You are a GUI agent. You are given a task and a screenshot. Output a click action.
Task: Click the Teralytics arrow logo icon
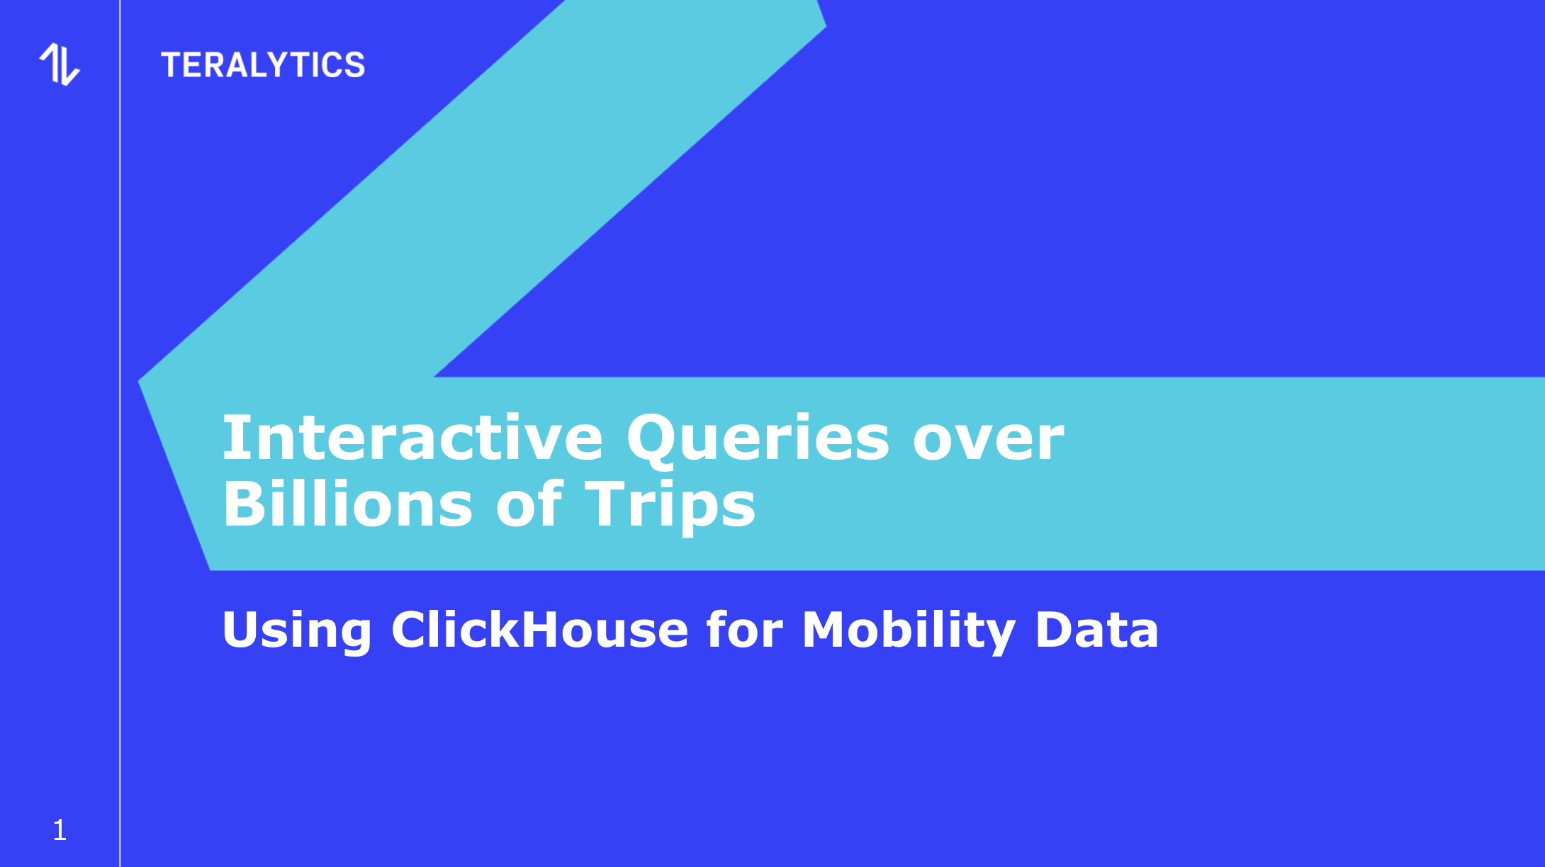point(60,64)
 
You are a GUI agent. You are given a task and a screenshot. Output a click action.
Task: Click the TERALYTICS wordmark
point(263,65)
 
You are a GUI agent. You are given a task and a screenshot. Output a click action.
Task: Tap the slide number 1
point(60,830)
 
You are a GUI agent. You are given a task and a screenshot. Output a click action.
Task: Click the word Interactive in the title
point(412,438)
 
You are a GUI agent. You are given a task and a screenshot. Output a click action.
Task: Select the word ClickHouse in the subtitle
point(539,628)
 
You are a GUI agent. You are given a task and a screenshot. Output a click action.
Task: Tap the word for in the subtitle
point(745,628)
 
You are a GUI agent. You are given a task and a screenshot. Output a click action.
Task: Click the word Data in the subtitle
point(1097,629)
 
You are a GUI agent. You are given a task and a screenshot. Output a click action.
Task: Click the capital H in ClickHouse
point(544,629)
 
